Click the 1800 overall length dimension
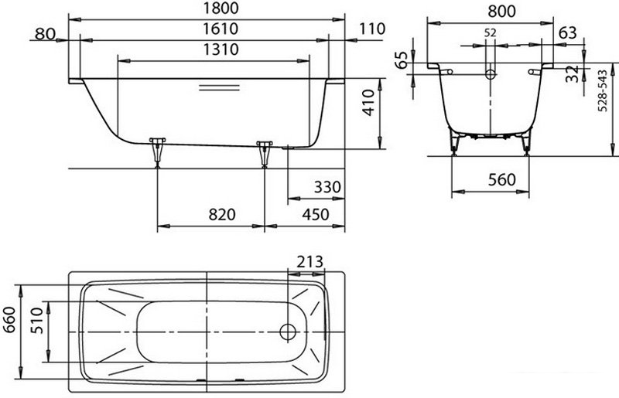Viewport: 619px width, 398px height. pyautogui.click(x=221, y=8)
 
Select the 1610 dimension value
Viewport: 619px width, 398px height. pyautogui.click(x=221, y=29)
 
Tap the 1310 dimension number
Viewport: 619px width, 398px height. pyautogui.click(x=221, y=49)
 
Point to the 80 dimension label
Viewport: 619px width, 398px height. pyautogui.click(x=45, y=34)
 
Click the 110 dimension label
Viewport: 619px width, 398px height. pyautogui.click(x=372, y=29)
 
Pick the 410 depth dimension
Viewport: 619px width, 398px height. pyautogui.click(x=368, y=103)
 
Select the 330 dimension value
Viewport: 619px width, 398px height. pyautogui.click(x=327, y=186)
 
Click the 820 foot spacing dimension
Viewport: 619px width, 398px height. pyautogui.click(x=222, y=215)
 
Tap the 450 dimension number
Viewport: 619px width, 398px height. pyautogui.click(x=316, y=215)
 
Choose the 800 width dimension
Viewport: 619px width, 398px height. pyautogui.click(x=501, y=12)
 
